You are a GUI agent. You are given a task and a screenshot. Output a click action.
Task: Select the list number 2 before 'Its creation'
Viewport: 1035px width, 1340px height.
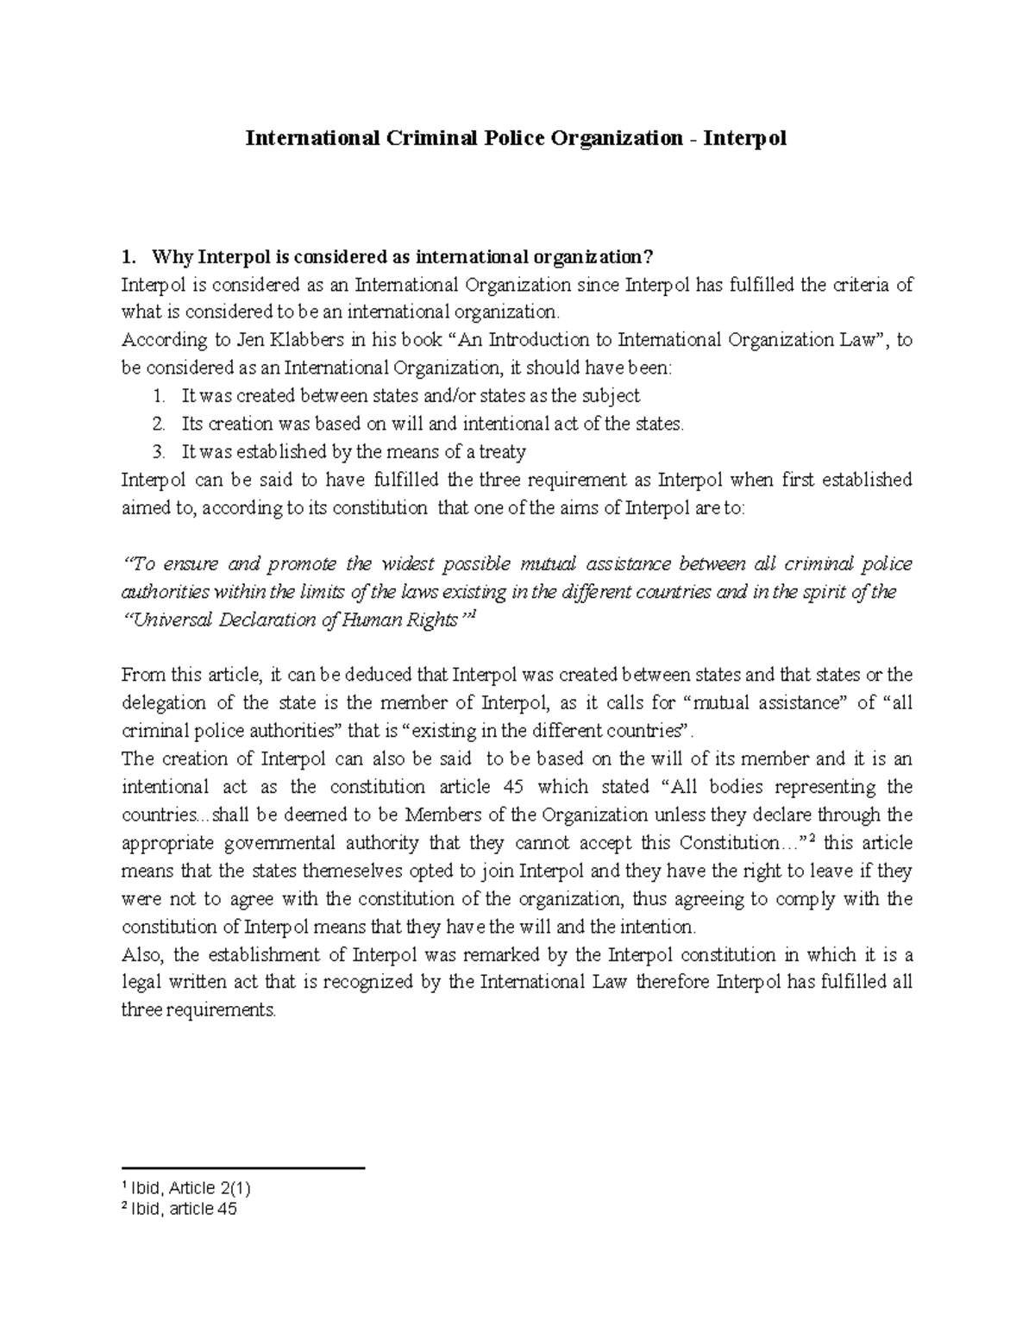point(157,424)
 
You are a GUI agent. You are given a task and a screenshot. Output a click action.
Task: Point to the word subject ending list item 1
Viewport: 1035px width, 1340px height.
point(611,396)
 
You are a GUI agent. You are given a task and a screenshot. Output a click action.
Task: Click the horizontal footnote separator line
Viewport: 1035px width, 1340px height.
point(244,1168)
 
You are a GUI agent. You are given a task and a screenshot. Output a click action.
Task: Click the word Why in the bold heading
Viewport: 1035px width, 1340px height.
point(172,257)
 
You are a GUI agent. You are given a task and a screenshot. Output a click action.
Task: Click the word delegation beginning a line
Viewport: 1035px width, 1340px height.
point(164,703)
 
